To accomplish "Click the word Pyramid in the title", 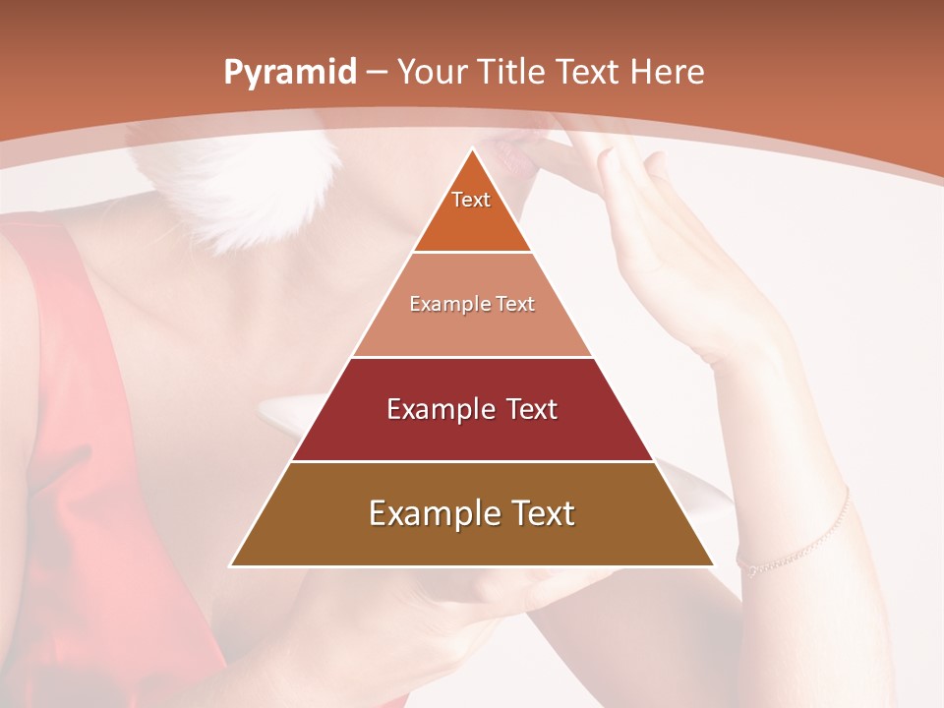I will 289,73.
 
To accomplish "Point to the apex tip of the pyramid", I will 472,150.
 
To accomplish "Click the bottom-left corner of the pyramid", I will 232,565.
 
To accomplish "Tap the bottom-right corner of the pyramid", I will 712,565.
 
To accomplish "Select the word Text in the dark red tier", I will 527,409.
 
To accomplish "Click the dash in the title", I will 377,73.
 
